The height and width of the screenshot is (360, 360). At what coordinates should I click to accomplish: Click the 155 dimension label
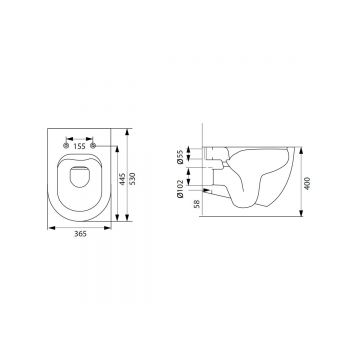point(80,146)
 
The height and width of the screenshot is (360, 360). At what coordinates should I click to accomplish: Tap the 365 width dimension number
point(80,234)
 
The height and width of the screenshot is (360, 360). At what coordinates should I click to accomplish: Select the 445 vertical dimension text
point(122,179)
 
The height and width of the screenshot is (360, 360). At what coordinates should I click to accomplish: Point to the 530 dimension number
point(134,179)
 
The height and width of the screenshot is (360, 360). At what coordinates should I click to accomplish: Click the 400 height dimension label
point(308,183)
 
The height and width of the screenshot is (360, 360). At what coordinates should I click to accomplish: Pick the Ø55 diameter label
point(180,157)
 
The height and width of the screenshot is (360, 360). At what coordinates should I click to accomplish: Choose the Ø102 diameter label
point(180,189)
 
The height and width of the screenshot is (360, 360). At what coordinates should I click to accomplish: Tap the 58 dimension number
point(197,204)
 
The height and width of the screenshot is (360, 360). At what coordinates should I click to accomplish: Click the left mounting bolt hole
point(66,145)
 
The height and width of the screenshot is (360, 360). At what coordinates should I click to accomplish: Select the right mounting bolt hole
point(93,145)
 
